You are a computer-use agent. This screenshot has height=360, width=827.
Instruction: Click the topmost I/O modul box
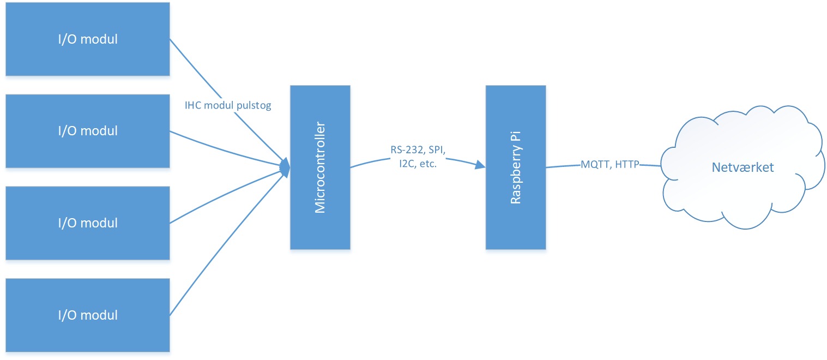point(87,39)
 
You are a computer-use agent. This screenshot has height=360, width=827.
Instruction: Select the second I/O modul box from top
point(87,131)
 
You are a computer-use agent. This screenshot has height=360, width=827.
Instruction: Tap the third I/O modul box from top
point(87,223)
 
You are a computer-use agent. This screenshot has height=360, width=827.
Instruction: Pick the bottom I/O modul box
point(87,315)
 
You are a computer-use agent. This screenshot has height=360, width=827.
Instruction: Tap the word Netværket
point(743,167)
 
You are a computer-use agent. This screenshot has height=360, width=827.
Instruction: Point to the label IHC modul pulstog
point(228,106)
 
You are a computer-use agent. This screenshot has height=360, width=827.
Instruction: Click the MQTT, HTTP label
point(609,164)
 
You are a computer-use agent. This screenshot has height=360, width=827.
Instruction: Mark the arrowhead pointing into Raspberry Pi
point(480,164)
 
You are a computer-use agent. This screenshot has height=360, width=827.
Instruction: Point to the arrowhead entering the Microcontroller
point(285,166)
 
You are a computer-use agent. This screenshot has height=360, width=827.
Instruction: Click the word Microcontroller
point(320,167)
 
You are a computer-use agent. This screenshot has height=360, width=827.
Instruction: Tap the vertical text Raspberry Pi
point(515,167)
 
